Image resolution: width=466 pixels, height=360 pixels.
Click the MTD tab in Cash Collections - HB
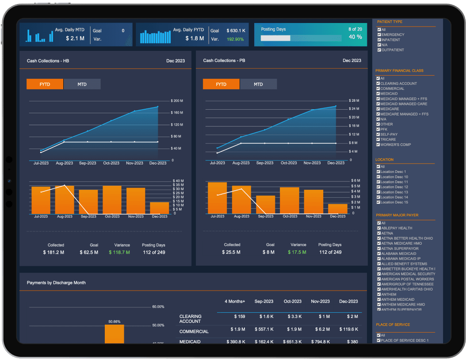pos(82,84)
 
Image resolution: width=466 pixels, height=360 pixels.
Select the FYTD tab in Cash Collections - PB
pos(221,84)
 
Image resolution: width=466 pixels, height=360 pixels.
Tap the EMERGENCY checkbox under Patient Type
pos(379,34)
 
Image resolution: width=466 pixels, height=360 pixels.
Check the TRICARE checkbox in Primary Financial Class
pos(378,139)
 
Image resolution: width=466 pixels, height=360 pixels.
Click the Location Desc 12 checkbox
pos(378,187)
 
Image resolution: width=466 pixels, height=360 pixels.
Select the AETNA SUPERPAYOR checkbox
pos(379,249)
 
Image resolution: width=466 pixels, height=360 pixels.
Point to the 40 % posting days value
pos(355,37)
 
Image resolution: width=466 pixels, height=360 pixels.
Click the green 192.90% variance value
pos(235,39)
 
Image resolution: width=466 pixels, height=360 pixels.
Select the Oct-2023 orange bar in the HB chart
pos(112,199)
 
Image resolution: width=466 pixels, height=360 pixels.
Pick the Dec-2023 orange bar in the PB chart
pos(337,209)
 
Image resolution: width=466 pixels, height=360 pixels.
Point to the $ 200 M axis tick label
pos(177,101)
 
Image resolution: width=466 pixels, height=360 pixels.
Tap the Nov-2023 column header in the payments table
pos(320,301)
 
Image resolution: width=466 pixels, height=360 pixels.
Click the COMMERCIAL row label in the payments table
pos(194,331)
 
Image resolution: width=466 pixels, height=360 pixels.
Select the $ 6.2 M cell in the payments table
pos(321,329)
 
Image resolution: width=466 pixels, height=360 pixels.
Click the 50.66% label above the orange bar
pos(114,322)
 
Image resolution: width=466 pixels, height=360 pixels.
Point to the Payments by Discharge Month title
pos(56,283)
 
